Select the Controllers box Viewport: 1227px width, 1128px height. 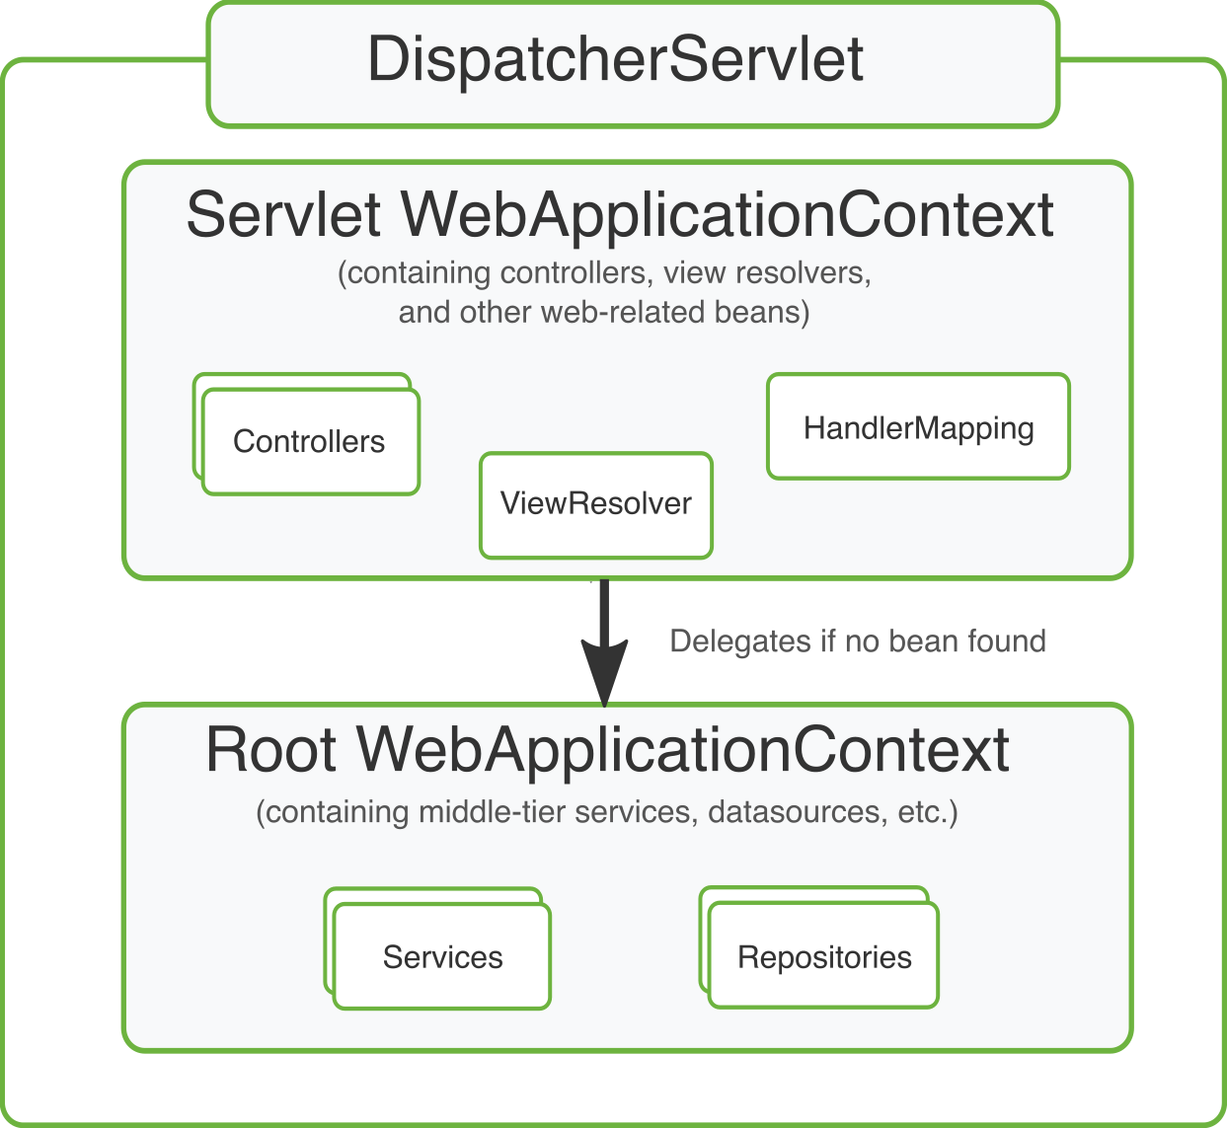(310, 441)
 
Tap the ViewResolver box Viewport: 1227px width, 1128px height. (595, 504)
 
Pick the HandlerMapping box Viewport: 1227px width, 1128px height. (918, 428)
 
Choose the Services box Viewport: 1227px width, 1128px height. (442, 957)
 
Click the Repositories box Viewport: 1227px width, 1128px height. (824, 957)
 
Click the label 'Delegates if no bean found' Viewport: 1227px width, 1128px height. (857, 641)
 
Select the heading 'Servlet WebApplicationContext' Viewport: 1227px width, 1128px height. (620, 215)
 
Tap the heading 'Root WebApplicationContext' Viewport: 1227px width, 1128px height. (607, 750)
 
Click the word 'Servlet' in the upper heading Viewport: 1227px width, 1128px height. (283, 215)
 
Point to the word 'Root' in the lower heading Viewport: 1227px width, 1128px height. (271, 750)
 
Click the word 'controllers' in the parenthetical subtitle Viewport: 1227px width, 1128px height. (575, 272)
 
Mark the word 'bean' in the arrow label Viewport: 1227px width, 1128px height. (925, 641)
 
